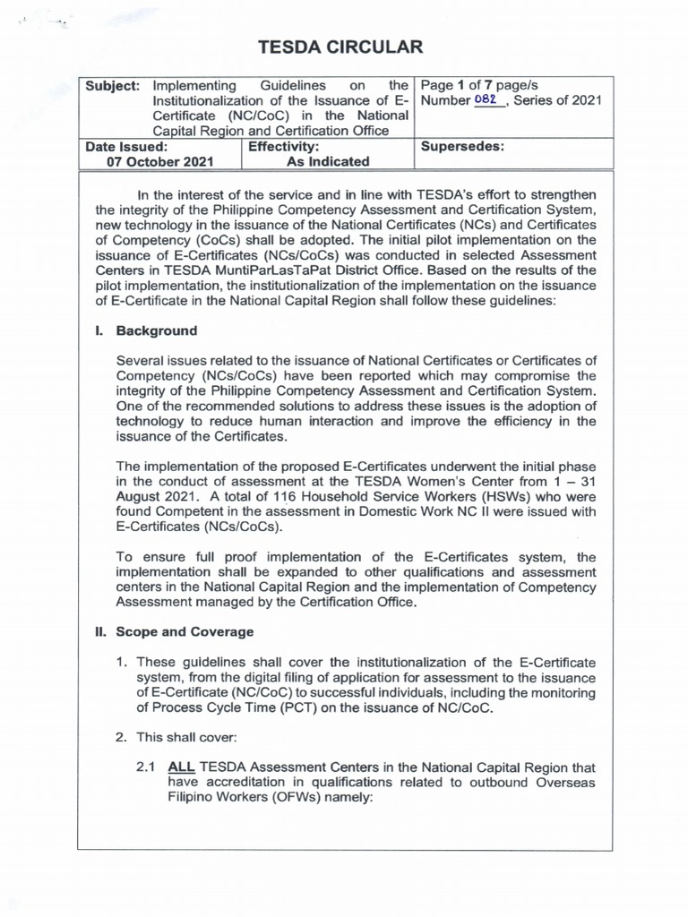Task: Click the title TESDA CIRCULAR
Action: (x=340, y=47)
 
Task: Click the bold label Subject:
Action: (x=112, y=85)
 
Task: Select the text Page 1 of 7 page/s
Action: (x=479, y=85)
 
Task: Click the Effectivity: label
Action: (x=283, y=146)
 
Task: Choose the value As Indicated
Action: (x=327, y=162)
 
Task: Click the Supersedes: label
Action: (x=461, y=146)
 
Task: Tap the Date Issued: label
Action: (x=126, y=146)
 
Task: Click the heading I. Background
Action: (x=147, y=330)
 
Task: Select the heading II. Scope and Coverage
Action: (x=175, y=631)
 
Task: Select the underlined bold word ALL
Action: (x=182, y=767)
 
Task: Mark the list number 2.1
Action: (x=146, y=767)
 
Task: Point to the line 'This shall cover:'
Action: (x=188, y=737)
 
